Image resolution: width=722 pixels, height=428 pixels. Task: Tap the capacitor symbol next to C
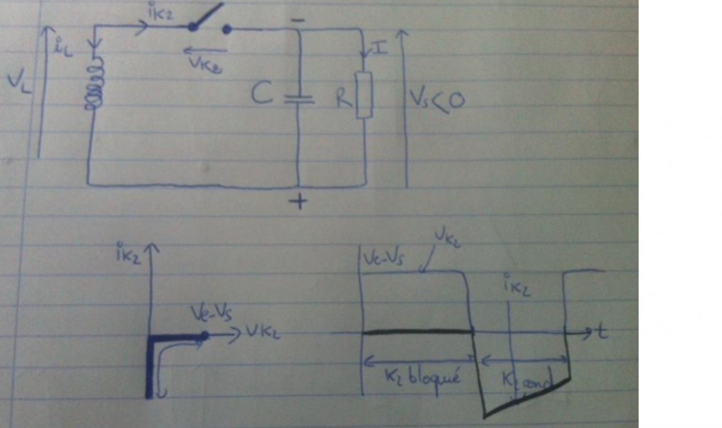[299, 99]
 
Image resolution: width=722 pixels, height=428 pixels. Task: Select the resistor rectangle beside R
[364, 95]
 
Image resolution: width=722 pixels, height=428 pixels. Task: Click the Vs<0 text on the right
[437, 98]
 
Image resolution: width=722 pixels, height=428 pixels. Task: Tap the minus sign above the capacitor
[299, 21]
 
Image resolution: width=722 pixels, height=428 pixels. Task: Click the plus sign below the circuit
[299, 202]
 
